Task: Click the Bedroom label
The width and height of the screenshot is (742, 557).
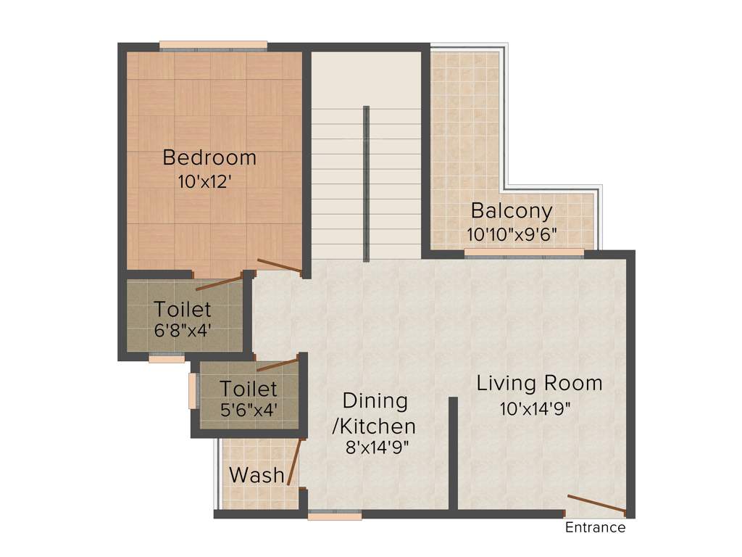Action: (209, 157)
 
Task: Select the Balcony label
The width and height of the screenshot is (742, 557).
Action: (511, 211)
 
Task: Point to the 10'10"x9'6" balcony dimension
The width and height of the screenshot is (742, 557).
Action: (512, 235)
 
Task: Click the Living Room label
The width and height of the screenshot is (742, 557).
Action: (539, 383)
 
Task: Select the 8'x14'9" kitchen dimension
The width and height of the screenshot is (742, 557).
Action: (378, 447)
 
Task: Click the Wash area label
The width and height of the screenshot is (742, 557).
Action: (257, 476)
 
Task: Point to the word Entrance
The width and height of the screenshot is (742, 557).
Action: (595, 528)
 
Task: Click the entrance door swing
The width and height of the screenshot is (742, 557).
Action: (596, 504)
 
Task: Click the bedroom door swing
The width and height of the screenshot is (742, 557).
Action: (280, 266)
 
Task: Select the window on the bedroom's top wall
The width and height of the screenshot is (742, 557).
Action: (213, 47)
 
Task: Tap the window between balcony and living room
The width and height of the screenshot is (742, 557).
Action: (524, 253)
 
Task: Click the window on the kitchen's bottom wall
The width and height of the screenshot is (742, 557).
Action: (334, 516)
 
